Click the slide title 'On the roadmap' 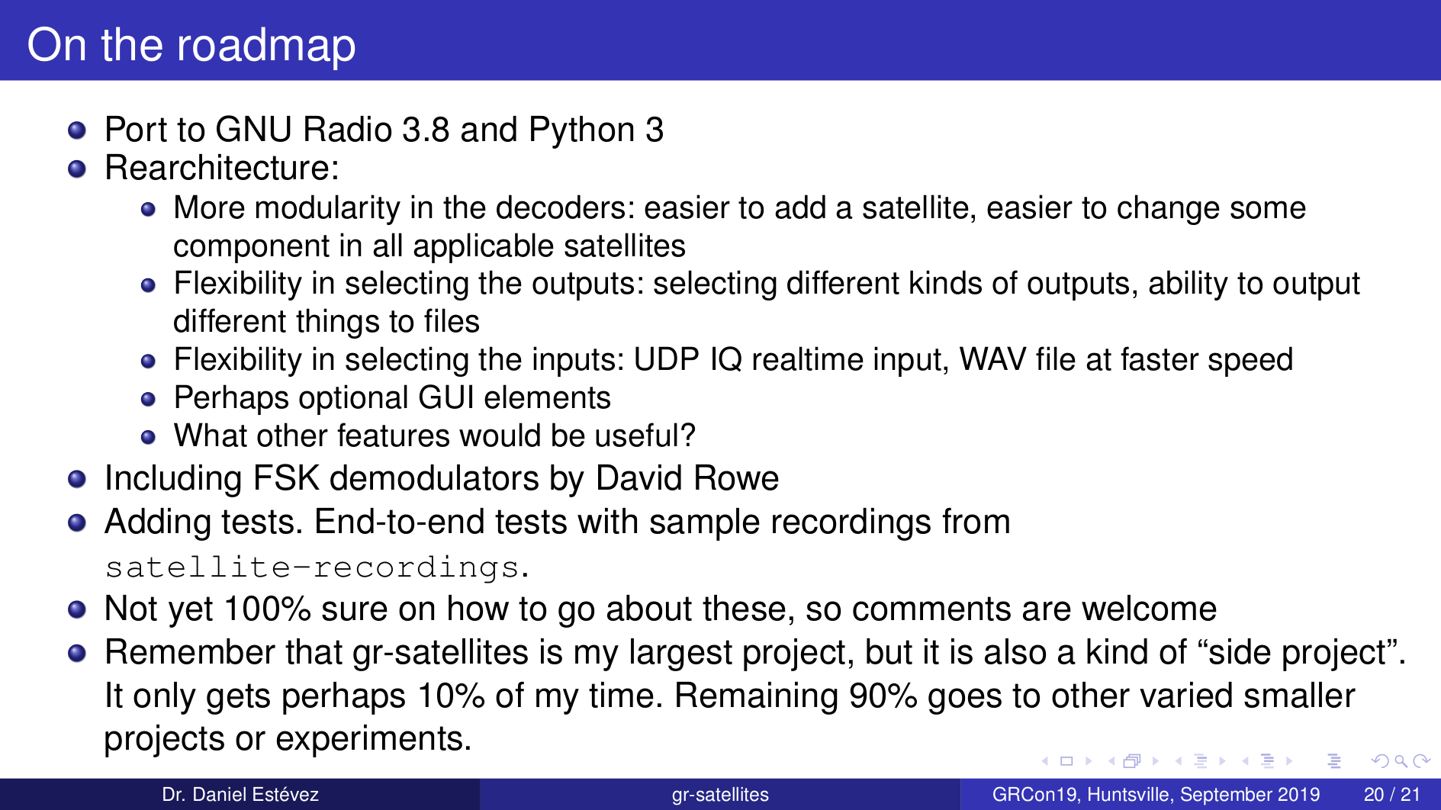click(x=191, y=45)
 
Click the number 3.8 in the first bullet click(x=426, y=130)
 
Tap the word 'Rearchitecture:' click(x=222, y=168)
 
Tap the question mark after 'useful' click(x=687, y=436)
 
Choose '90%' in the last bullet click(x=883, y=696)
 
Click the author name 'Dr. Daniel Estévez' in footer click(x=240, y=795)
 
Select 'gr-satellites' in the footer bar click(x=720, y=795)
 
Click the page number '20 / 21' click(x=1391, y=795)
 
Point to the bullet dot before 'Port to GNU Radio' click(x=76, y=130)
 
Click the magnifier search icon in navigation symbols click(x=1401, y=760)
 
